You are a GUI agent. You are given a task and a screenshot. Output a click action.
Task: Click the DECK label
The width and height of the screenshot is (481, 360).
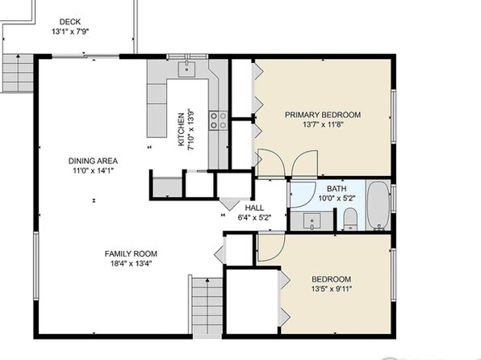70,22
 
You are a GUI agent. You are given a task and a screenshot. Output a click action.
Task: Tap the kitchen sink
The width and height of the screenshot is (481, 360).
186,69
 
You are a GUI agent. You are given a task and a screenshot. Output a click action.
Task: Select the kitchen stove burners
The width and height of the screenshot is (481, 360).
218,120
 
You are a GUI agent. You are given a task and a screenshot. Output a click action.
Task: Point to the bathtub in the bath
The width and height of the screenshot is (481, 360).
379,205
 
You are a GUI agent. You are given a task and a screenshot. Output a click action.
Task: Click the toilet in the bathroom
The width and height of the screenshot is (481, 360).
350,219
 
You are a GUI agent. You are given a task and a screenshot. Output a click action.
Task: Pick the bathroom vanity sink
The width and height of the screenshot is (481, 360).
312,222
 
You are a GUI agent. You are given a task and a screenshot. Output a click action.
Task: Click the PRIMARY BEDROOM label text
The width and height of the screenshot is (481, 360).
323,115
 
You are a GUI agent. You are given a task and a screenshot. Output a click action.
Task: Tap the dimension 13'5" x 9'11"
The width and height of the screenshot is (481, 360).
332,289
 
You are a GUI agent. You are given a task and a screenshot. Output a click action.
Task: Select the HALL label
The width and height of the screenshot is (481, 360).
254,207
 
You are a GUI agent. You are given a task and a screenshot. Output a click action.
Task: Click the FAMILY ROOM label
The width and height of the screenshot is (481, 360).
131,253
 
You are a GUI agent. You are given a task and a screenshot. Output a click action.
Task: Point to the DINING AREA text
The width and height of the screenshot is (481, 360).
93,161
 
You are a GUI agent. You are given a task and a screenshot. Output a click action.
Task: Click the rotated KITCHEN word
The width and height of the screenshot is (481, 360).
182,129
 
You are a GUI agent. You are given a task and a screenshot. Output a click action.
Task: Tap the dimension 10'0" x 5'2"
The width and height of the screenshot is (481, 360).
337,199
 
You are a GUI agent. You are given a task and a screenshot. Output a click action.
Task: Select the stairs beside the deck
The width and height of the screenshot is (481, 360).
18,73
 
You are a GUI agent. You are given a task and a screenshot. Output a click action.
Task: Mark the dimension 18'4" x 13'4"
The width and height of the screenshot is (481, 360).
131,263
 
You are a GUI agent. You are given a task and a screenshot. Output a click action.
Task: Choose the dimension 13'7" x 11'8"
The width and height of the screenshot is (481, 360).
323,124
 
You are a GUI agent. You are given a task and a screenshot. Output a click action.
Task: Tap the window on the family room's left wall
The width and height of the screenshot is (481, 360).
36,266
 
